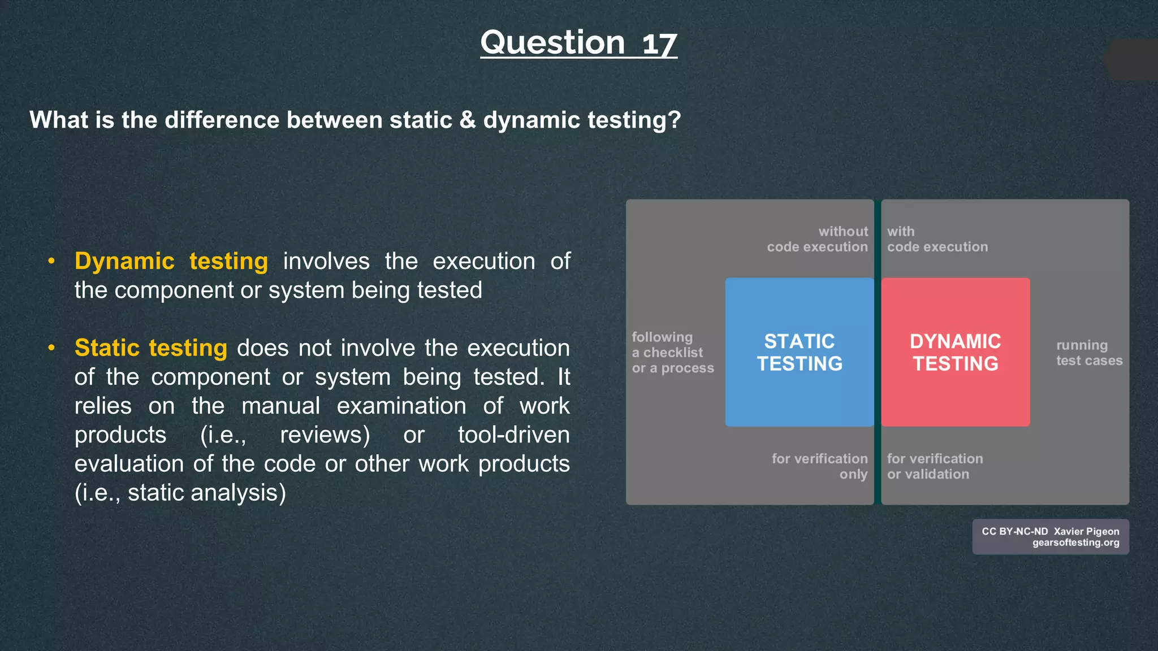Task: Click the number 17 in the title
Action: point(659,44)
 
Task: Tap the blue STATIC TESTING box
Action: point(799,352)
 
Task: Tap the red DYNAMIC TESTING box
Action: point(955,352)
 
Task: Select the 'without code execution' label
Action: point(817,239)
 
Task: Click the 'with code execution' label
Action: point(937,239)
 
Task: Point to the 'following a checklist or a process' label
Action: point(672,353)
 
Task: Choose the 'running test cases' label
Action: point(1088,353)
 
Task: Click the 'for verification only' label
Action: point(820,466)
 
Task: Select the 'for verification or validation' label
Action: point(934,466)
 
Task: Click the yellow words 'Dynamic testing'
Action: point(171,261)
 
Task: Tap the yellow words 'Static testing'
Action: point(151,348)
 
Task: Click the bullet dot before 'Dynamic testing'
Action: point(51,261)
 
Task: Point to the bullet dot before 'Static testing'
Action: point(51,348)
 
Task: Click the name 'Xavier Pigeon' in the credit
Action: point(1086,531)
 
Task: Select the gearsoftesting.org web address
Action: point(1075,542)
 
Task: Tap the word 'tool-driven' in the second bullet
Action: point(513,435)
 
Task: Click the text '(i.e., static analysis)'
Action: point(180,493)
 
